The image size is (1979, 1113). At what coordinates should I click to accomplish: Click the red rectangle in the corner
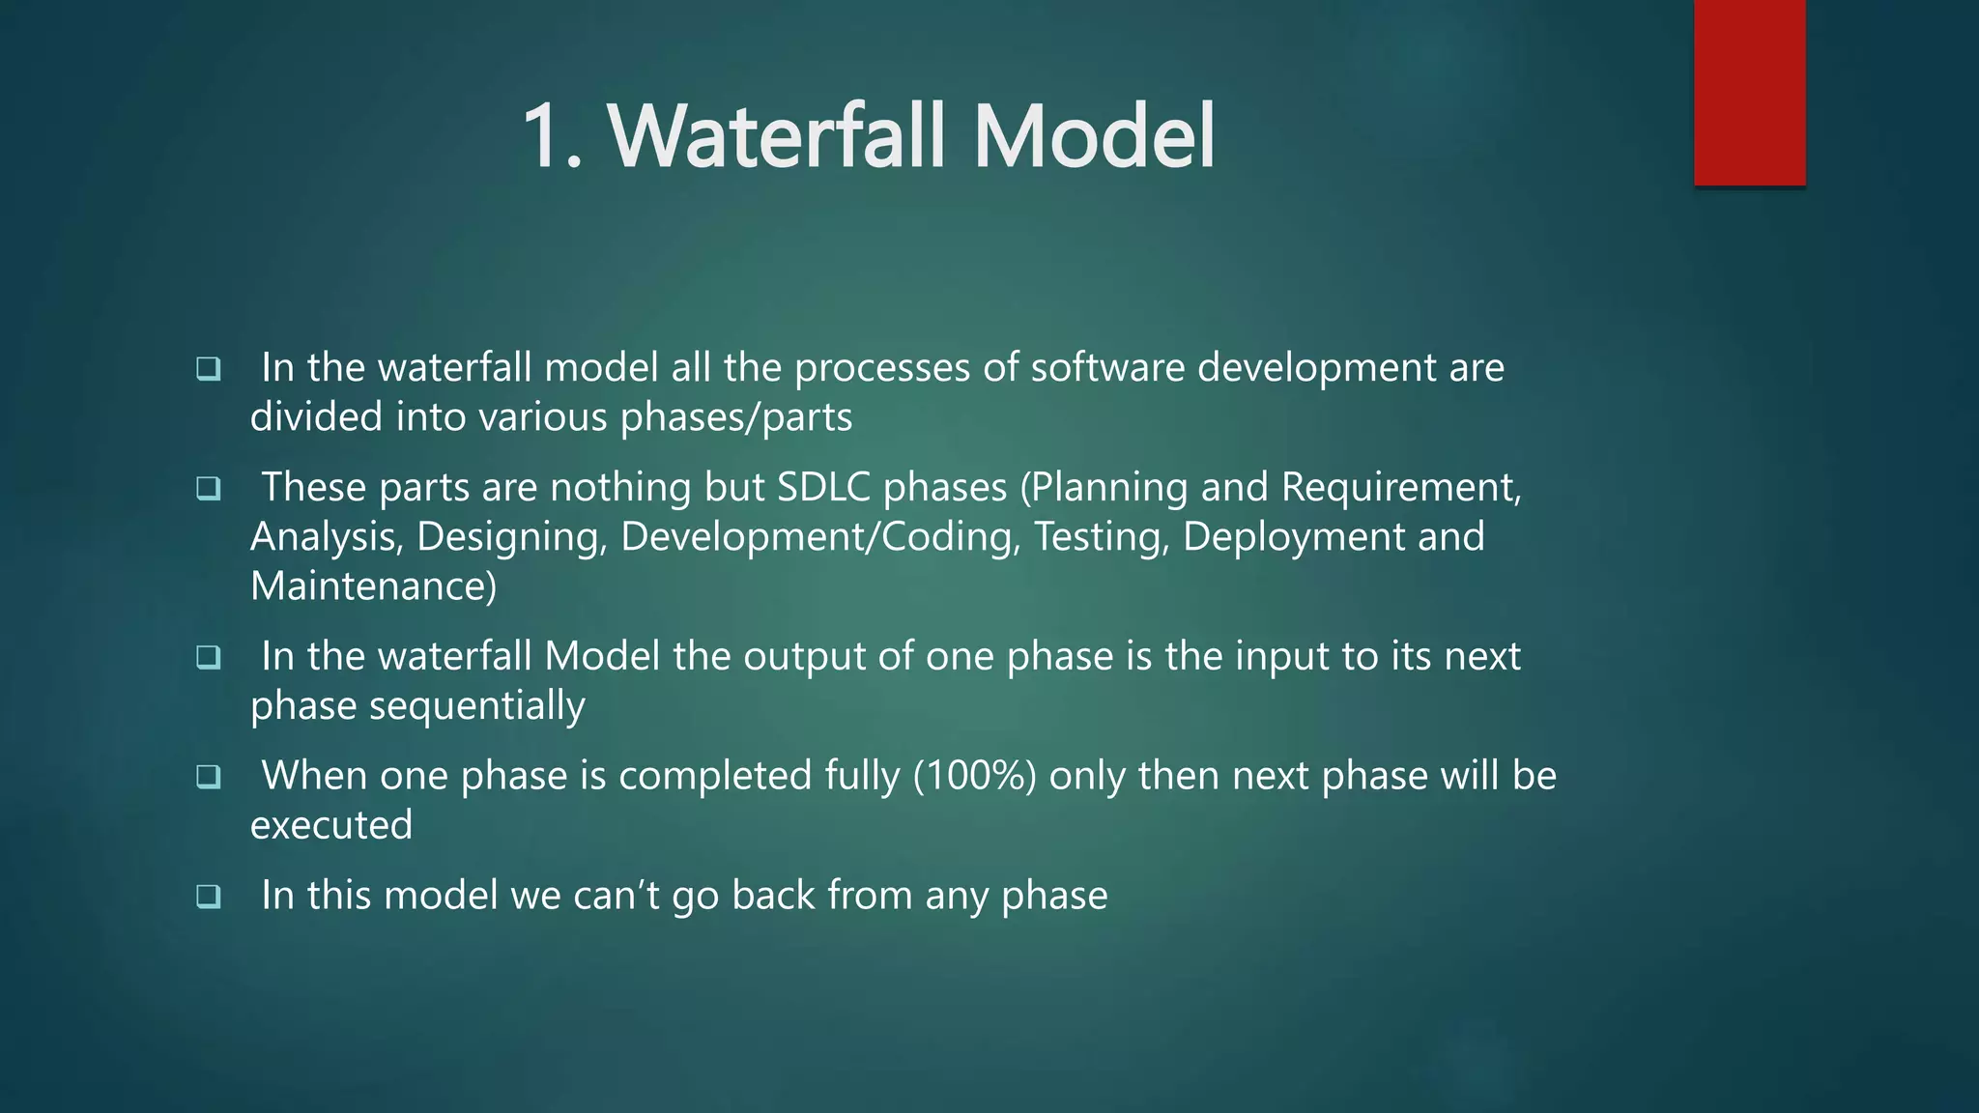1749,92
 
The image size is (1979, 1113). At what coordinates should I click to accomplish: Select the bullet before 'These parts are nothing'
208,489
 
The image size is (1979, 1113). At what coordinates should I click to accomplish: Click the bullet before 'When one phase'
208,777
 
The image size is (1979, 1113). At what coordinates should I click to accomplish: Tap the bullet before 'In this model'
208,897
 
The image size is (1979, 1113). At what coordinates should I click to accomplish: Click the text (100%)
974,776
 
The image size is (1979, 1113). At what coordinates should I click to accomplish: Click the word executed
331,825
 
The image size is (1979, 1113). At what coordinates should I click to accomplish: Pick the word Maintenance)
373,586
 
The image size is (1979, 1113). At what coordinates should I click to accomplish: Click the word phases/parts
735,418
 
